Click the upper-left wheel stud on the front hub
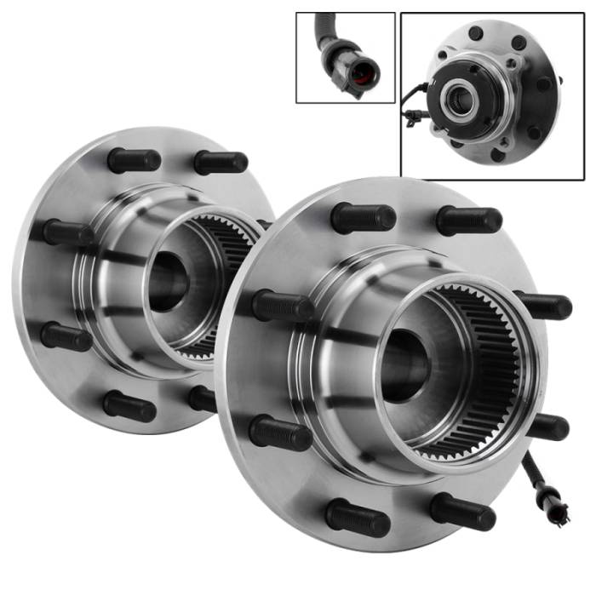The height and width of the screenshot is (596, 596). (x=363, y=218)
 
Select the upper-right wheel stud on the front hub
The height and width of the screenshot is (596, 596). (x=468, y=221)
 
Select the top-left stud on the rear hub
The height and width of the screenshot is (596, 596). (x=134, y=160)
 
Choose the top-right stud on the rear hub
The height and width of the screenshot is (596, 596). (x=221, y=162)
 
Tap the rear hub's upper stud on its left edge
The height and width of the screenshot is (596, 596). (x=68, y=232)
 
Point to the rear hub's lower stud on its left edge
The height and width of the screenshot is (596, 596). (x=66, y=335)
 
